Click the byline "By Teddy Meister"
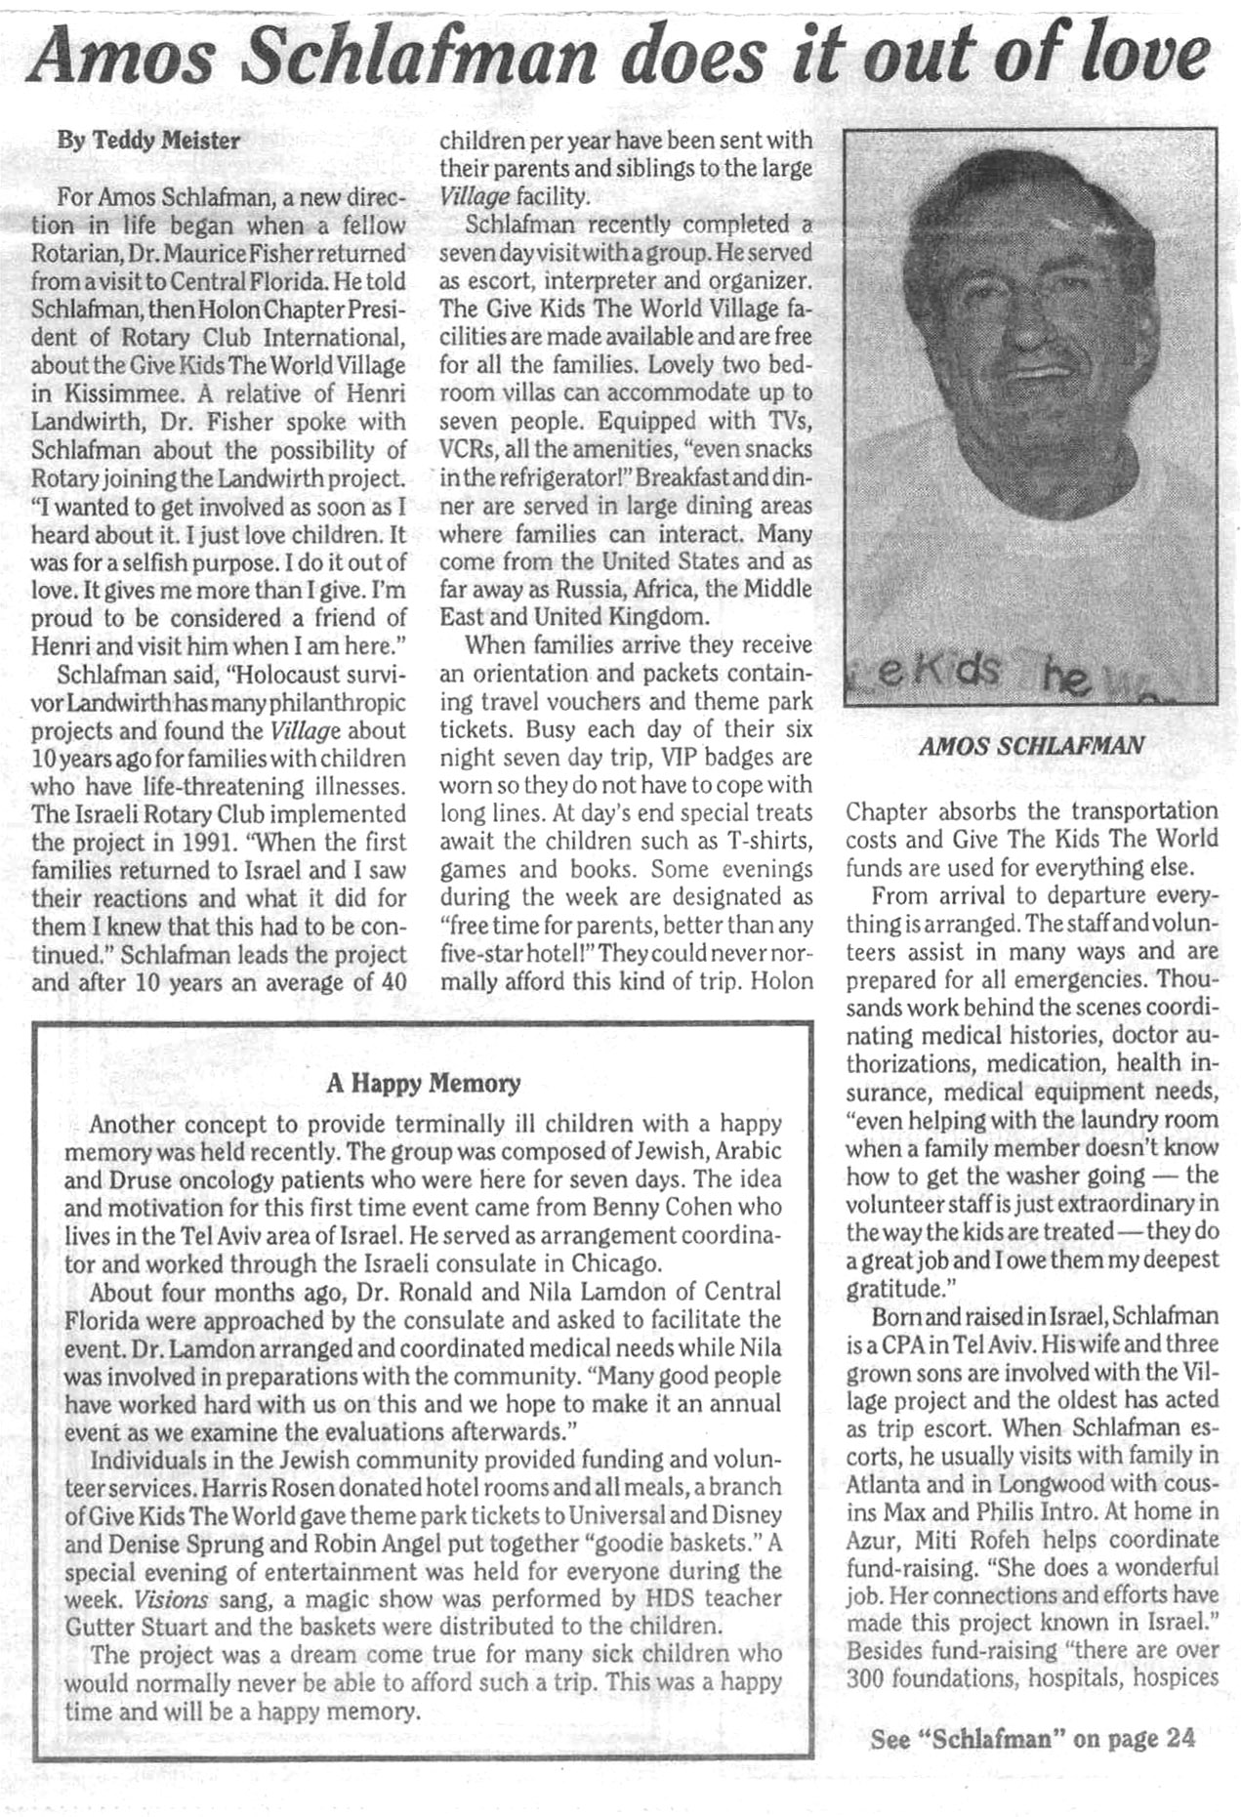pos(148,141)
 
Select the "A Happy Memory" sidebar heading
pos(423,1083)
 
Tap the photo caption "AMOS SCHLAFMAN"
pos(1031,747)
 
